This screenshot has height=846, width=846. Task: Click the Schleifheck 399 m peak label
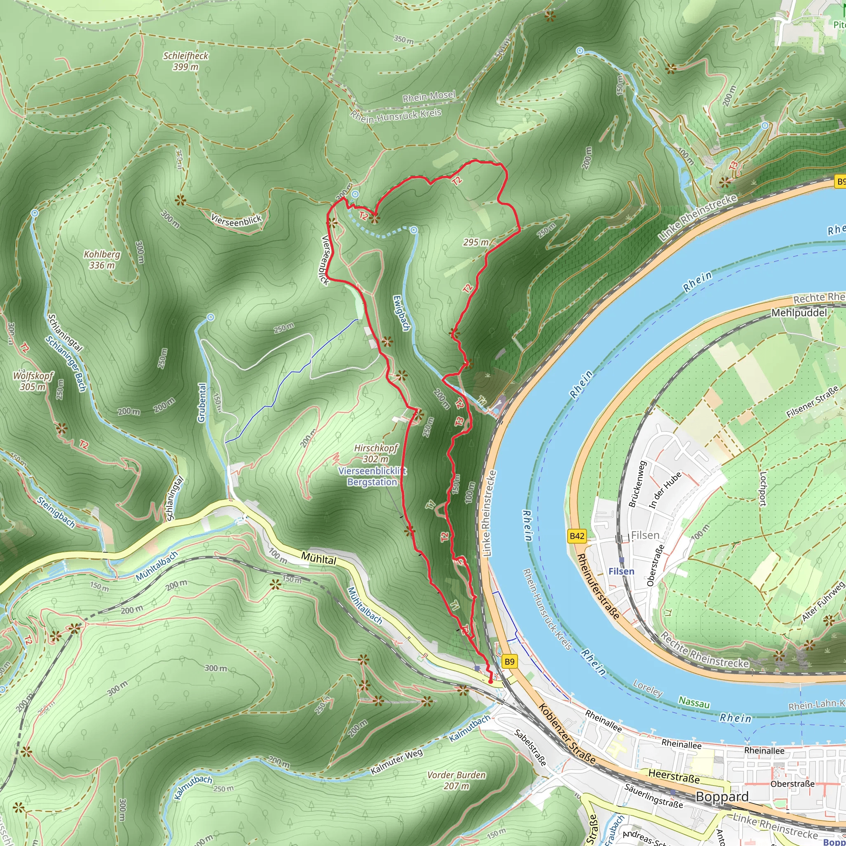185,61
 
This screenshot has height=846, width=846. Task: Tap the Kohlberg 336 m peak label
102,260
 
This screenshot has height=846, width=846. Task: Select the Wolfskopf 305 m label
33,381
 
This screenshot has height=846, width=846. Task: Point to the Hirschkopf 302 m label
376,453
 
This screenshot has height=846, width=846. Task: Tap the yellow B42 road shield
577,536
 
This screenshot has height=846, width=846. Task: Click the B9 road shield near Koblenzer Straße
509,661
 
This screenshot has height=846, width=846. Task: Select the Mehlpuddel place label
799,313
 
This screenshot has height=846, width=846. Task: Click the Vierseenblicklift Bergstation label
372,476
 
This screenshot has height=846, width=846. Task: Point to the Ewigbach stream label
401,313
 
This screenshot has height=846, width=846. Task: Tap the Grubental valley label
202,402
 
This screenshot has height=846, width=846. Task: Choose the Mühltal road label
319,558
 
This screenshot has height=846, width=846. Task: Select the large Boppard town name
722,796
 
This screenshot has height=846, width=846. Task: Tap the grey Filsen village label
645,535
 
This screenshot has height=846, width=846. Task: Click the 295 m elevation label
475,242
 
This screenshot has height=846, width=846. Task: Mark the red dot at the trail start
490,682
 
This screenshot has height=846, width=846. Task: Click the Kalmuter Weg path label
397,761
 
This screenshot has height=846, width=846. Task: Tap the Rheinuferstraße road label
598,586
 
